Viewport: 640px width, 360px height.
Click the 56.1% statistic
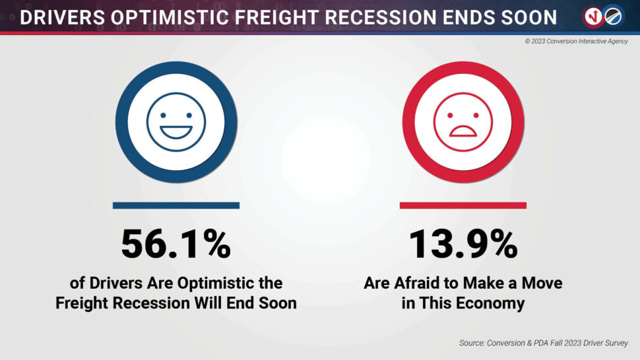coord(176,244)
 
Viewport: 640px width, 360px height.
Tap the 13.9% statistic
coord(463,244)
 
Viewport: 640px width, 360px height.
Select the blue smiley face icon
coord(176,122)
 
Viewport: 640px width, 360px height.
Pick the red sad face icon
coord(463,122)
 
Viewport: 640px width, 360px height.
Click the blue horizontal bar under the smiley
coord(176,206)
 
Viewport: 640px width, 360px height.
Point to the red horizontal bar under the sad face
coord(463,206)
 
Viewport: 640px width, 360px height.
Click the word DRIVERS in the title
coord(63,18)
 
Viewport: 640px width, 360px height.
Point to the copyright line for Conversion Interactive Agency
coord(576,41)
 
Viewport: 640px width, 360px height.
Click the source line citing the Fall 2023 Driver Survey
coord(543,343)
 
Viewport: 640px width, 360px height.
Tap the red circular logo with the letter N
coord(592,16)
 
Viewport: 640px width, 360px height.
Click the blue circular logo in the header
coord(613,16)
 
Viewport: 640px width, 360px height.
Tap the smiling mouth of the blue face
coord(176,132)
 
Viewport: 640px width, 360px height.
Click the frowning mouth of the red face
coord(463,131)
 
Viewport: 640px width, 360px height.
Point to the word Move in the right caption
coord(542,283)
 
